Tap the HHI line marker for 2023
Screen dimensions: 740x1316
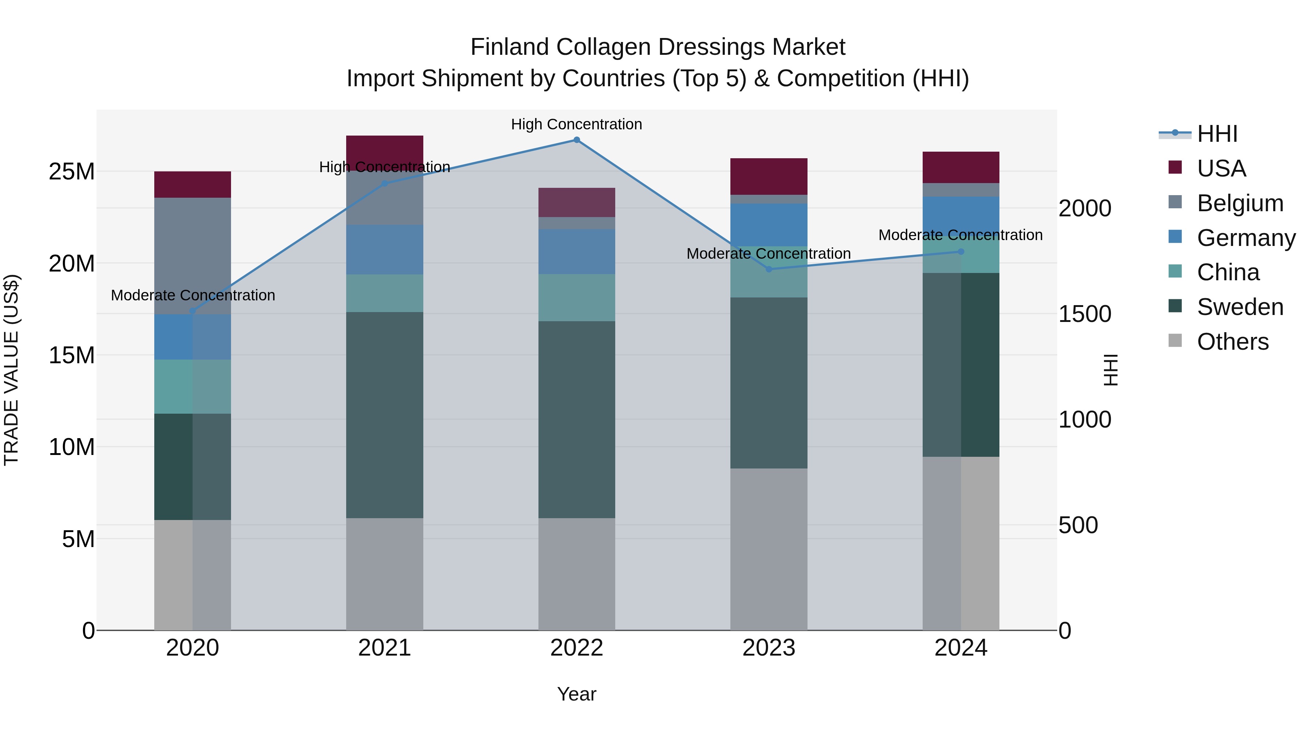click(768, 269)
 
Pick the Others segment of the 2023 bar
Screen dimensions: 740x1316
click(768, 549)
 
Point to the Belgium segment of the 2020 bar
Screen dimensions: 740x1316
click(193, 255)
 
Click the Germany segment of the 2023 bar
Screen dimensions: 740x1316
click(768, 225)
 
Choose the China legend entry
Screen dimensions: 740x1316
click(1228, 272)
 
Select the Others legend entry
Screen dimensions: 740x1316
click(1232, 342)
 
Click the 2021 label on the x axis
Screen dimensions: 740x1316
click(384, 648)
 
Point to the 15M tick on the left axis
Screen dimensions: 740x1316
click(72, 355)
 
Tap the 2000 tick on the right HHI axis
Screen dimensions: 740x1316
click(1084, 208)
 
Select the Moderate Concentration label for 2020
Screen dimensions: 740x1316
click(193, 295)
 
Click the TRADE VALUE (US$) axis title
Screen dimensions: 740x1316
click(11, 370)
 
